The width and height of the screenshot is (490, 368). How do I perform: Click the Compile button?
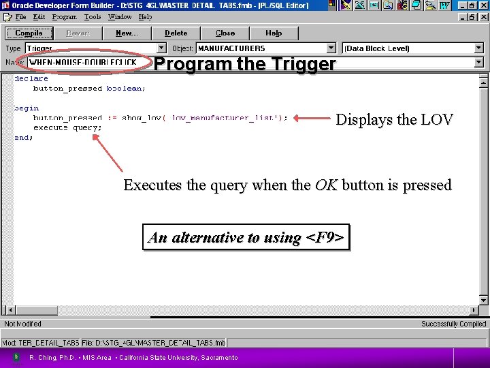tap(29, 33)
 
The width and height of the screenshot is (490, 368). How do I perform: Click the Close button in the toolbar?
tap(225, 33)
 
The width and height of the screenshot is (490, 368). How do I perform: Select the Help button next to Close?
tap(274, 33)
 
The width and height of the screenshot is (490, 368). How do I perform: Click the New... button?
tap(127, 33)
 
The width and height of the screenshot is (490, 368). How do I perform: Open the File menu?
tap(20, 16)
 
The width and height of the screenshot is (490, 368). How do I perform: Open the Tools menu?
tap(93, 16)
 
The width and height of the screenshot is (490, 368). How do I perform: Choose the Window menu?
tap(120, 16)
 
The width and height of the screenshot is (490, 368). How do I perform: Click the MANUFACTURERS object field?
tap(261, 48)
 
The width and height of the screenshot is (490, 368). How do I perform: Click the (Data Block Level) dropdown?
tap(408, 48)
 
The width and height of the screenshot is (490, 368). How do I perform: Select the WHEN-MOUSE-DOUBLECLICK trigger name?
tap(83, 62)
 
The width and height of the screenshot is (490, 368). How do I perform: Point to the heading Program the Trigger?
tap(245, 64)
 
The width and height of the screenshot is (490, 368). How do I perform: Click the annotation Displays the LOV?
tap(394, 120)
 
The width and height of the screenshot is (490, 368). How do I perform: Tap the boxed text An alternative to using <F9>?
tap(246, 237)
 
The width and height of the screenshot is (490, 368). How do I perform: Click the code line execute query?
tap(67, 127)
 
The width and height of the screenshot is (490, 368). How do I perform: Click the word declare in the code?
tap(31, 79)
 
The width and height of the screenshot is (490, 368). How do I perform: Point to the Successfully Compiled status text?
tap(453, 324)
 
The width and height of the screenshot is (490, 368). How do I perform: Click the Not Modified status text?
tap(23, 324)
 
